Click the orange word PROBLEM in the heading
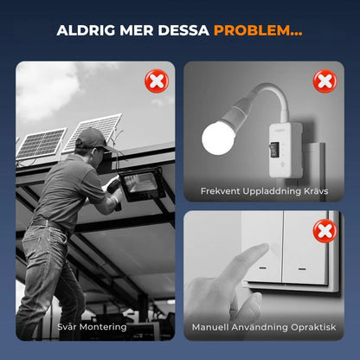(x=252, y=30)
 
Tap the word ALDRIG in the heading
(x=86, y=30)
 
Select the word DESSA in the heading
(x=183, y=30)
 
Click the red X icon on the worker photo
(x=157, y=81)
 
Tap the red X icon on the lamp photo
(x=325, y=81)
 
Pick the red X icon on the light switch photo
(x=325, y=231)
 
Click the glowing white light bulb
(x=218, y=138)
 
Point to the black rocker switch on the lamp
(x=274, y=149)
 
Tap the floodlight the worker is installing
(x=142, y=183)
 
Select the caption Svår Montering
(x=92, y=327)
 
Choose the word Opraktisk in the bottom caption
(x=313, y=328)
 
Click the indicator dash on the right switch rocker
(x=302, y=269)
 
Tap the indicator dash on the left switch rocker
(x=262, y=268)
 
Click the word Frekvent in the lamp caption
(x=220, y=191)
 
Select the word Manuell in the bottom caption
(x=210, y=327)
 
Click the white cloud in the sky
(x=48, y=89)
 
